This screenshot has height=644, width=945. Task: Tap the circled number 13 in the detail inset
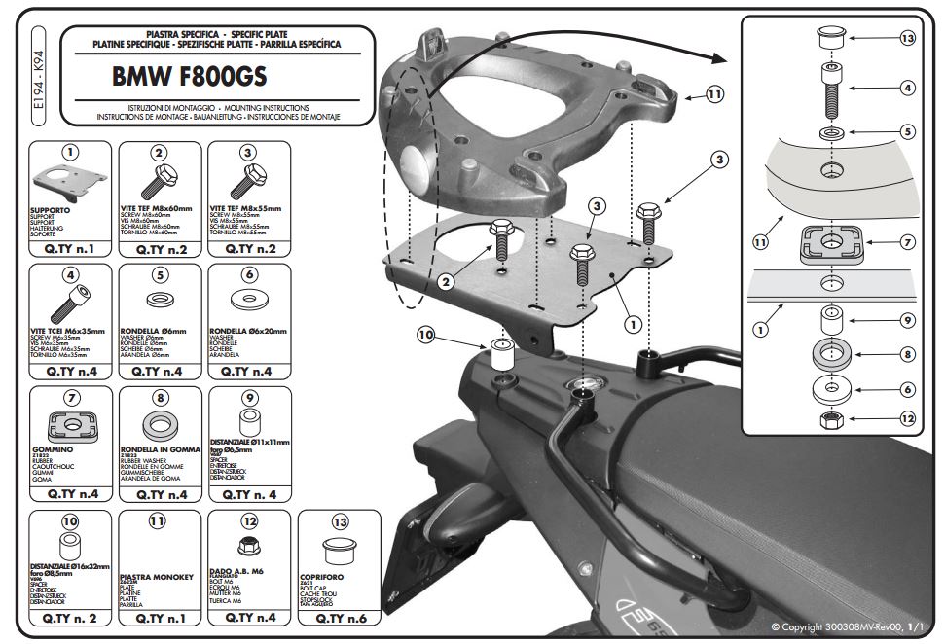907,39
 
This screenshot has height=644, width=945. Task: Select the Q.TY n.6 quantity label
339,617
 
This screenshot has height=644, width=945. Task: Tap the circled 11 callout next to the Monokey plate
715,95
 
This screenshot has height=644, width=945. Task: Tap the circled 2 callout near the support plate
445,282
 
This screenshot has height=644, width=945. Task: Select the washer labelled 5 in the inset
830,130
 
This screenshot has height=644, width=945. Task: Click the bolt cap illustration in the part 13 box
339,552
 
